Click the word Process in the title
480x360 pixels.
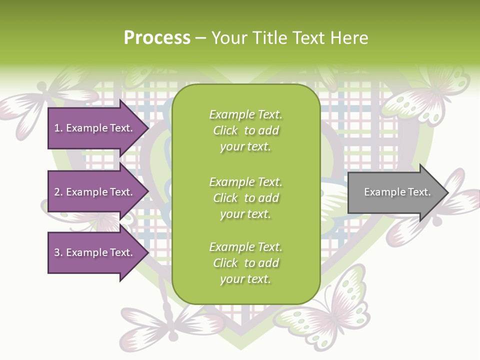(157, 38)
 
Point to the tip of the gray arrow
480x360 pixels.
(447, 192)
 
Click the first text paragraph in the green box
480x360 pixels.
(245, 130)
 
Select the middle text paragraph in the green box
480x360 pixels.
(245, 197)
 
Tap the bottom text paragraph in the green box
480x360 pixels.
(245, 263)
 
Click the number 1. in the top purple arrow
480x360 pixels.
(58, 128)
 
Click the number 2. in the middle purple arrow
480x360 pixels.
(58, 192)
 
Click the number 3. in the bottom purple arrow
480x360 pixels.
(58, 252)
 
